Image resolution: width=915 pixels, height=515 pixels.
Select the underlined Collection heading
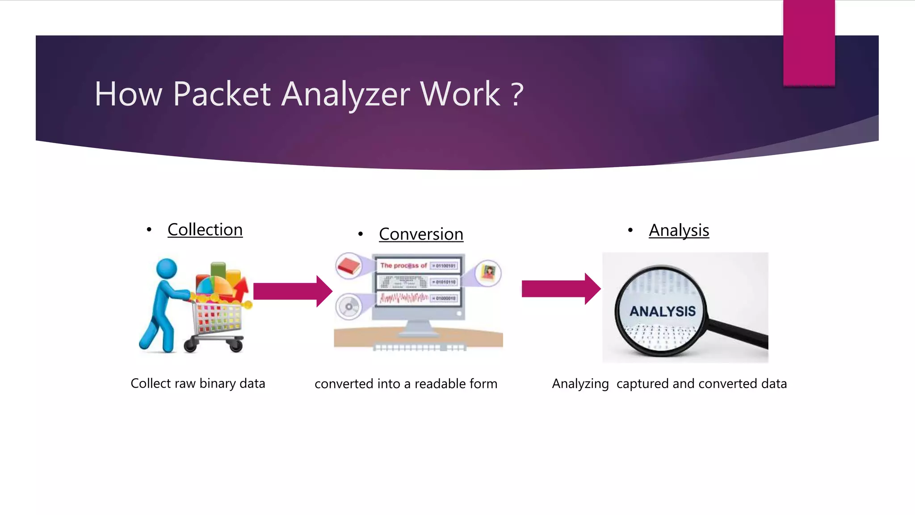[205, 230]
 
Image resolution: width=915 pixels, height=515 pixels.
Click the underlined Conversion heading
[421, 234]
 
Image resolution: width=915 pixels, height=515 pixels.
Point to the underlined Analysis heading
[679, 231]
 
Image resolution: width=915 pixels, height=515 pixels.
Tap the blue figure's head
[167, 269]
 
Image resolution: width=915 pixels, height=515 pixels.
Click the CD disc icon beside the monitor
[348, 307]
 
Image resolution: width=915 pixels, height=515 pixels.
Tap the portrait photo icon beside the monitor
[488, 272]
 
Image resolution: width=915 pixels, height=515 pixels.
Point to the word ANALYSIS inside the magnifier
[663, 311]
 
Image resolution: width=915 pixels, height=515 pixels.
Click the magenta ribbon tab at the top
[809, 42]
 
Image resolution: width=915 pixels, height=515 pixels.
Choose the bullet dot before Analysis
[630, 230]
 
